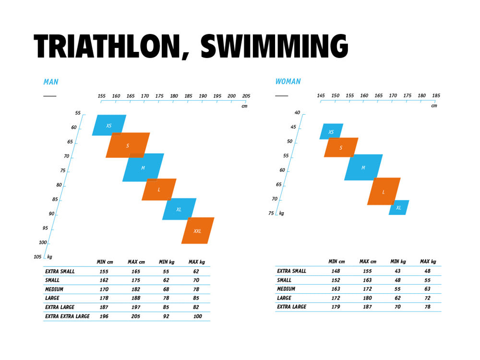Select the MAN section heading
pos(51,82)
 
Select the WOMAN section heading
pos(288,82)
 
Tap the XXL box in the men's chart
pos(197,231)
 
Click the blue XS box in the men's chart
pos(109,125)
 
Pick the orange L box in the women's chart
pos(384,192)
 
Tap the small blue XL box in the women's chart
pos(398,207)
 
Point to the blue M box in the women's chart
pos(363,168)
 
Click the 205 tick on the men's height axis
pos(246,96)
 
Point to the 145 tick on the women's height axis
pos(321,96)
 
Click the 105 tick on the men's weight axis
pos(38,257)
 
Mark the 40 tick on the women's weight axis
pos(297,113)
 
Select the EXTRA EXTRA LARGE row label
pos(67,316)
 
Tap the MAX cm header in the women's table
pos(368,262)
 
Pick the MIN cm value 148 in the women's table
pos(335,271)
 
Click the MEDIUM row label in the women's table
pos(286,289)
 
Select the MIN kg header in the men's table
pos(166,262)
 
